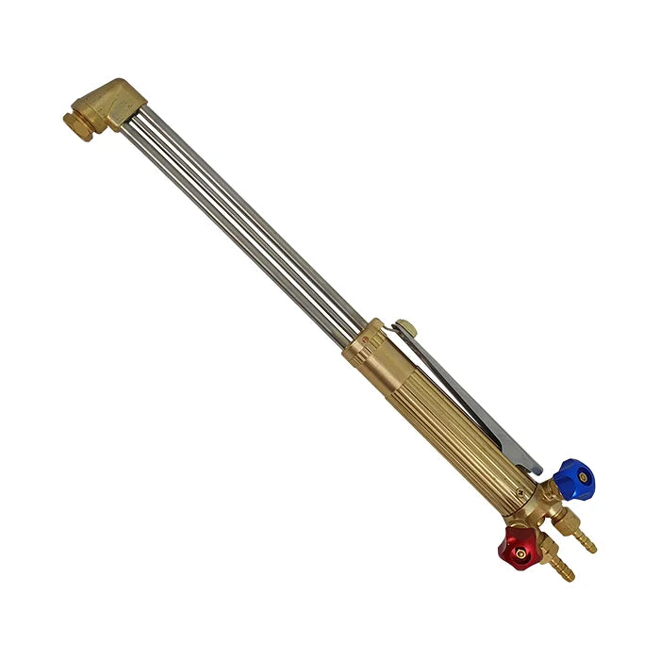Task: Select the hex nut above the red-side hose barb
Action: coord(547,553)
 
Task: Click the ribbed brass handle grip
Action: coord(453,424)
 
